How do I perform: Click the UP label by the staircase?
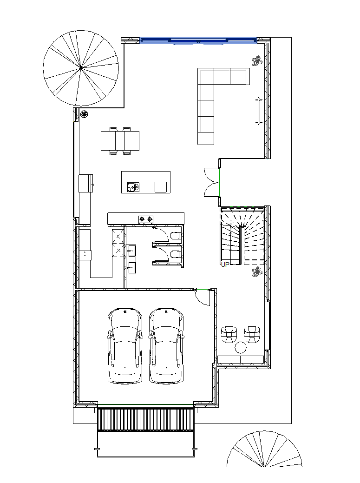tap(225, 265)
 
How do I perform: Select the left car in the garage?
tap(125, 345)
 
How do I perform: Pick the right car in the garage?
tap(166, 345)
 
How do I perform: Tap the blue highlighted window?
tap(198, 40)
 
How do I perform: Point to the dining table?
tap(120, 141)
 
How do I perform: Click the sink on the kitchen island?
tap(133, 187)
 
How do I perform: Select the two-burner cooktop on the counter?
tap(146, 219)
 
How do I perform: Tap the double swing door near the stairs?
tap(212, 182)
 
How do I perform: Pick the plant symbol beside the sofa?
tap(256, 60)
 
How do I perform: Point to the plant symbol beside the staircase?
tap(256, 272)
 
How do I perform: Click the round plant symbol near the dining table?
tap(84, 114)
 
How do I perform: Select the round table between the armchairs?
tap(241, 347)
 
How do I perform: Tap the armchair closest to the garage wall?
tap(229, 334)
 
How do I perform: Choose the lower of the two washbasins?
tap(132, 268)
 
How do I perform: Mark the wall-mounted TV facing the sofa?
tap(259, 111)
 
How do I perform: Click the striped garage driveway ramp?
tap(146, 419)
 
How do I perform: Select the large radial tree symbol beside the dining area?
tap(81, 68)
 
